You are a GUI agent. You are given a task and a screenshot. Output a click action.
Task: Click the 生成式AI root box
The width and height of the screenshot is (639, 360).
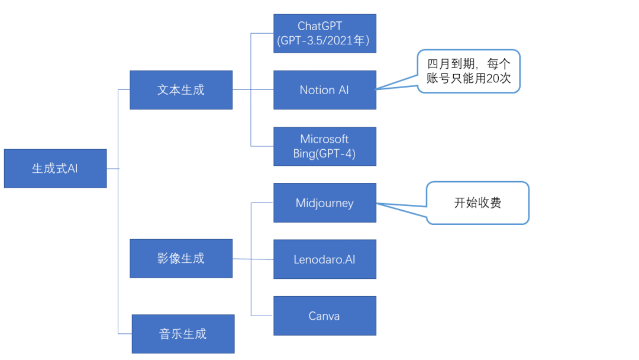pyautogui.click(x=55, y=168)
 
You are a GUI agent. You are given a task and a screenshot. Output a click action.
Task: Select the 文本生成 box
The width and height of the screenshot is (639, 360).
pyautogui.click(x=181, y=90)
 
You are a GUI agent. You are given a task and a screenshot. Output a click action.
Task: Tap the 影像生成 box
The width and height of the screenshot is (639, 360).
pyautogui.click(x=181, y=258)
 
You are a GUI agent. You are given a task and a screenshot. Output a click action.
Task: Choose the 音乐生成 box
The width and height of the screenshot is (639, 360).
pyautogui.click(x=183, y=334)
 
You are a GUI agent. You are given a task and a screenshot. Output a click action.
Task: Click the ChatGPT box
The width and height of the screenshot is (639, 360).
pyautogui.click(x=324, y=33)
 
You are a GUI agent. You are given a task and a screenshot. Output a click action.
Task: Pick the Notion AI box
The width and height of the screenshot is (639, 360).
pyautogui.click(x=324, y=90)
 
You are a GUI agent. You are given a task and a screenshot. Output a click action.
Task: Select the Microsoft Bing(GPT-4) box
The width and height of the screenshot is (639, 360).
pyautogui.click(x=324, y=146)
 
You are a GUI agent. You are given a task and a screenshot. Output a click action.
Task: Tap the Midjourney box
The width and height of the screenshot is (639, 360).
pyautogui.click(x=324, y=203)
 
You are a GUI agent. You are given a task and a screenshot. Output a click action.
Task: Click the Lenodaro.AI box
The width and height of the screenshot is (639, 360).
pyautogui.click(x=324, y=259)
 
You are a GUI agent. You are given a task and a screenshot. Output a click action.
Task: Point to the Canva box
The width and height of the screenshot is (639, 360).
pyautogui.click(x=324, y=316)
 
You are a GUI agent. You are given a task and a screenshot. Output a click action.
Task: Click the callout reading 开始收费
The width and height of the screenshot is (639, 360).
pyautogui.click(x=477, y=203)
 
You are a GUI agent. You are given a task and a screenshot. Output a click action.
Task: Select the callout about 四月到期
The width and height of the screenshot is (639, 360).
pyautogui.click(x=468, y=71)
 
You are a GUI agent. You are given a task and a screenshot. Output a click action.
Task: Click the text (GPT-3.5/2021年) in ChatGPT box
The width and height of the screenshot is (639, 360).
pyautogui.click(x=324, y=41)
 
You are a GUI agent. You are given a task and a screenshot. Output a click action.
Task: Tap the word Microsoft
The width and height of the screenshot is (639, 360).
pyautogui.click(x=324, y=139)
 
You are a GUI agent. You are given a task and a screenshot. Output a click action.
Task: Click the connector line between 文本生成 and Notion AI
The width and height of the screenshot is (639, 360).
pyautogui.click(x=253, y=90)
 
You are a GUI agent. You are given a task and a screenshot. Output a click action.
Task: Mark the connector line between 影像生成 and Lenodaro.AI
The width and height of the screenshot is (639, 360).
pyautogui.click(x=253, y=259)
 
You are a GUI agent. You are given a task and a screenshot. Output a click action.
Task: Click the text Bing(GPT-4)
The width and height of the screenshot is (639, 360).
pyautogui.click(x=324, y=154)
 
